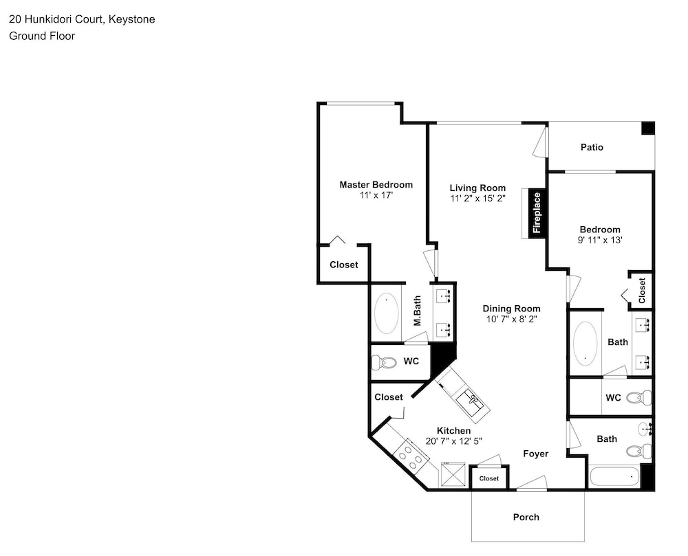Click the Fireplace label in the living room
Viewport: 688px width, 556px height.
(x=537, y=213)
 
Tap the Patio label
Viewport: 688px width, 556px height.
(x=592, y=147)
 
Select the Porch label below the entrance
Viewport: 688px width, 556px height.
(x=526, y=517)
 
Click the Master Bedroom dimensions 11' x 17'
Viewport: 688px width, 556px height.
(x=376, y=195)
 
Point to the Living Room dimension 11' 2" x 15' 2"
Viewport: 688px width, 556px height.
(x=478, y=199)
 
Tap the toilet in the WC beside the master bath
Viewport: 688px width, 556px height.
(x=383, y=362)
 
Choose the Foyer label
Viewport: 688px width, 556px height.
(x=536, y=454)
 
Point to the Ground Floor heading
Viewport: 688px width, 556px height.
(x=42, y=36)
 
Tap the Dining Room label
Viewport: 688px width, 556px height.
(x=512, y=309)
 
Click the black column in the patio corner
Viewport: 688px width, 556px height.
(x=648, y=129)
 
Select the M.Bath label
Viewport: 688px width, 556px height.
(x=418, y=311)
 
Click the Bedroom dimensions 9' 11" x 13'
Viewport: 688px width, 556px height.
(x=600, y=240)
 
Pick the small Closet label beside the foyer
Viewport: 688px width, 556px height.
(x=489, y=478)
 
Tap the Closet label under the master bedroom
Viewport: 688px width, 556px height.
(x=344, y=265)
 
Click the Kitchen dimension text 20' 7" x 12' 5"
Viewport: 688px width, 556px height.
(x=453, y=441)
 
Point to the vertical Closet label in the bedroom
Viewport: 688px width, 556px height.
(x=642, y=291)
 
